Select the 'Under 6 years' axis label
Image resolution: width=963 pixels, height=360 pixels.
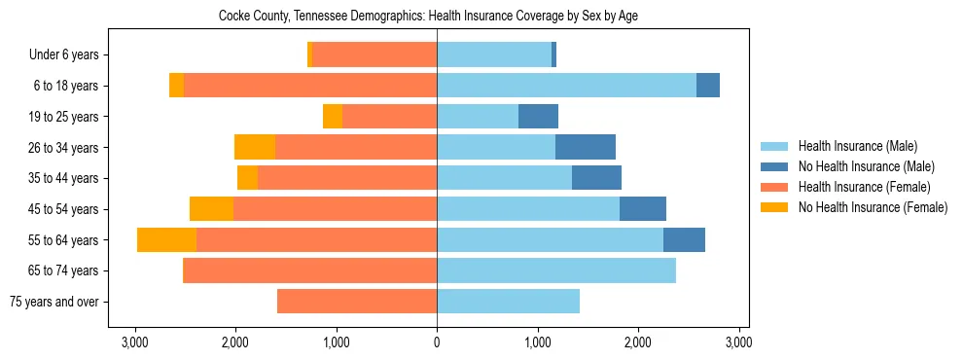click(70, 54)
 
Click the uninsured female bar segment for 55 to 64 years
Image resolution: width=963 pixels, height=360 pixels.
click(166, 240)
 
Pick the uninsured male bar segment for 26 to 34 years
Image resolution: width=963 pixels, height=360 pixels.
click(586, 147)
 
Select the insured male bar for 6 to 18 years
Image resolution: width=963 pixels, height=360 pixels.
click(566, 86)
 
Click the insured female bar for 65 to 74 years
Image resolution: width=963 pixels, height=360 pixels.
click(309, 270)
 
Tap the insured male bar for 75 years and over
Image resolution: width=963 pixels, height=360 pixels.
click(508, 302)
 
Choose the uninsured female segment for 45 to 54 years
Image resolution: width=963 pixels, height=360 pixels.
click(211, 209)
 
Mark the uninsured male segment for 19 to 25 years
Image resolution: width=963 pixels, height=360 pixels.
click(538, 117)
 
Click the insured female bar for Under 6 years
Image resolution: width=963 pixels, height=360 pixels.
click(374, 54)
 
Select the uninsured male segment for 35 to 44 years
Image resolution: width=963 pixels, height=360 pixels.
click(596, 178)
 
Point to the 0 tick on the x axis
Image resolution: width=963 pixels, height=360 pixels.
click(437, 342)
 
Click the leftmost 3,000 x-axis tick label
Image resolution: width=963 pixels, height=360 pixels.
click(134, 342)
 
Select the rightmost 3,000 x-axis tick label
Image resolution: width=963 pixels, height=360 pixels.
click(738, 342)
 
